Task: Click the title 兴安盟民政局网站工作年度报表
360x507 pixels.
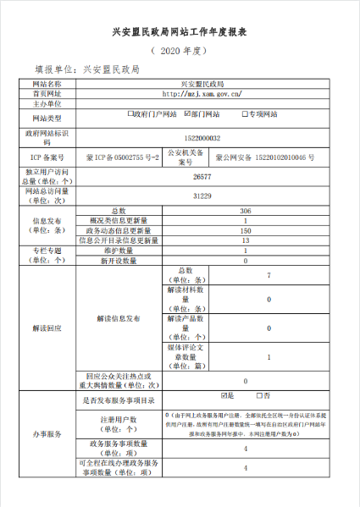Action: coord(180,32)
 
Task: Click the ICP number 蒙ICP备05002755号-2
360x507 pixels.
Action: coord(117,158)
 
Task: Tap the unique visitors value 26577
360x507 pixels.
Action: coord(202,177)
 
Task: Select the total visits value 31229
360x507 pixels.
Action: coord(202,196)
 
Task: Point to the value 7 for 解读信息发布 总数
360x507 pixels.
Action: coord(269,276)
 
